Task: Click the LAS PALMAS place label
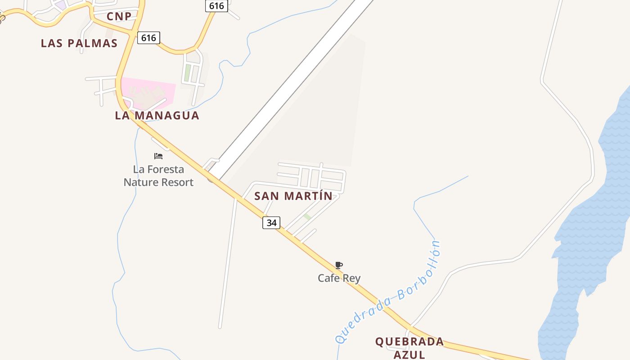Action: (79, 43)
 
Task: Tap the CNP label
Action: (119, 17)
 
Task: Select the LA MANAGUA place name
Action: (157, 115)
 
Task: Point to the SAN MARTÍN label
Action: (293, 196)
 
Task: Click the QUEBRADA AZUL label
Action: (409, 347)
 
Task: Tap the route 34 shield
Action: (271, 223)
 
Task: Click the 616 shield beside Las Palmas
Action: (148, 38)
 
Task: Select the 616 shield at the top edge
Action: (216, 6)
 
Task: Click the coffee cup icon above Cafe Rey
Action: (339, 265)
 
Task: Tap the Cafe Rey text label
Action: (339, 278)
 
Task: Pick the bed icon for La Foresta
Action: (158, 156)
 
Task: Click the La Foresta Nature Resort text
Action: (158, 176)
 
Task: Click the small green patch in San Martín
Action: (307, 217)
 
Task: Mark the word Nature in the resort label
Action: (143, 182)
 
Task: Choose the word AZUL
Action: (409, 355)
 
